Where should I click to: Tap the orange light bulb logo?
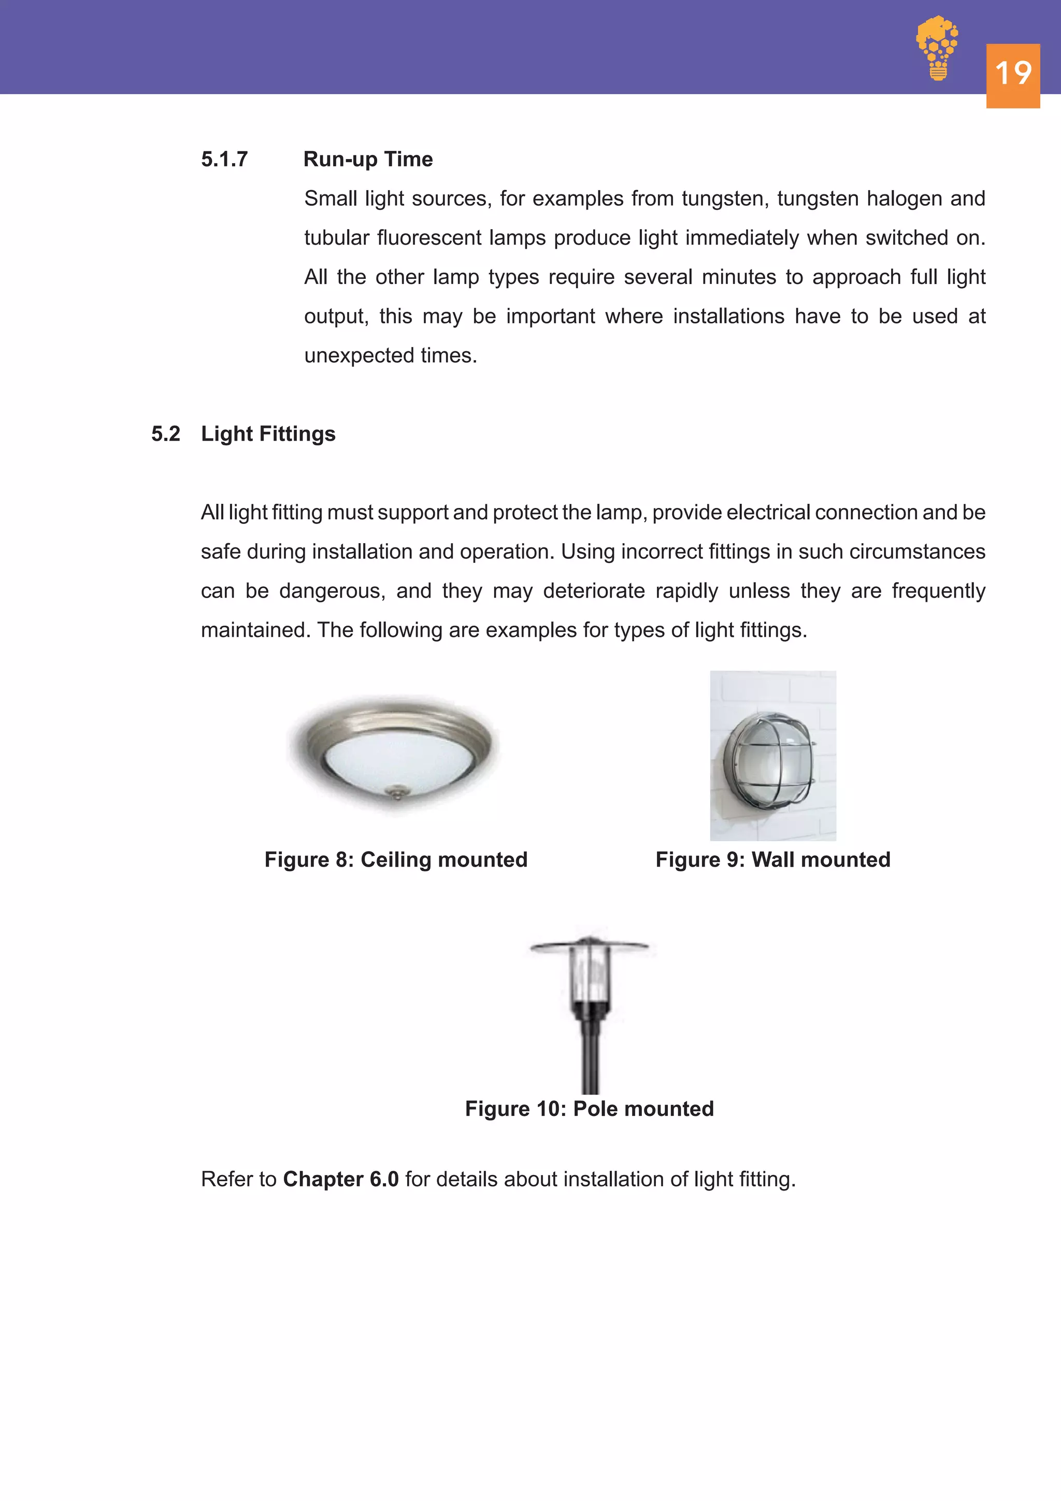click(938, 47)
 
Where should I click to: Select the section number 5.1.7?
click(224, 160)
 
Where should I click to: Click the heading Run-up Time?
click(368, 160)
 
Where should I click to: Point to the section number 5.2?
click(165, 434)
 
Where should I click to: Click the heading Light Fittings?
click(268, 434)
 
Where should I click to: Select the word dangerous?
click(331, 591)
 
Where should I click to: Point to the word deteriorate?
click(593, 591)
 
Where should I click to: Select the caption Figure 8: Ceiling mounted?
click(396, 860)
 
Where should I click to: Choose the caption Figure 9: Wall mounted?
click(773, 860)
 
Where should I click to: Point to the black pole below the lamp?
click(590, 1059)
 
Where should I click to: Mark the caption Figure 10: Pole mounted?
click(589, 1109)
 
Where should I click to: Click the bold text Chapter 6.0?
click(340, 1179)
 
